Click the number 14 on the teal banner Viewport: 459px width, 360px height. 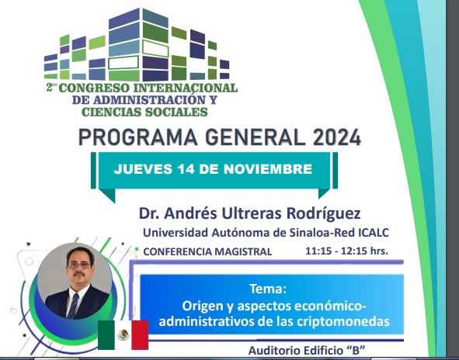(x=186, y=169)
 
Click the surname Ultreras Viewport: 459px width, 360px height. (x=252, y=213)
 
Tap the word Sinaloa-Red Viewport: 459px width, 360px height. (x=322, y=233)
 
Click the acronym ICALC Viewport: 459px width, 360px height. (x=374, y=233)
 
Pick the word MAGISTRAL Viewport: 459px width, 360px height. (x=243, y=252)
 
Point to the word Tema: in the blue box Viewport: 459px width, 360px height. (x=268, y=289)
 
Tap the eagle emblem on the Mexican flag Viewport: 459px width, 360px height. (x=123, y=335)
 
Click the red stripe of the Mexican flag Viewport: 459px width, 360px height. (x=140, y=335)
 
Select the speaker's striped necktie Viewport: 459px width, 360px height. (x=73, y=306)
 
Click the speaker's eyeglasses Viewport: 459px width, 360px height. (x=79, y=265)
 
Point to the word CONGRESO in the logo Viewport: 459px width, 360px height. (x=94, y=88)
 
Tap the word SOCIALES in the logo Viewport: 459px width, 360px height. (x=176, y=112)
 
